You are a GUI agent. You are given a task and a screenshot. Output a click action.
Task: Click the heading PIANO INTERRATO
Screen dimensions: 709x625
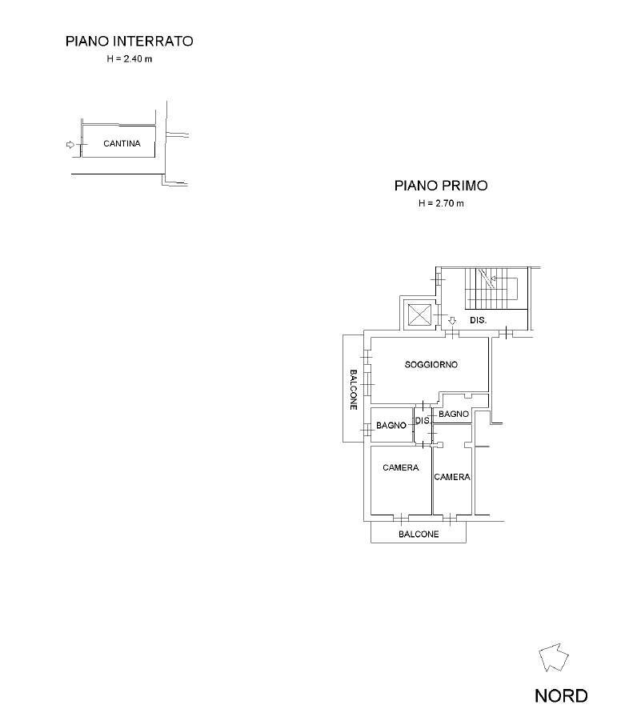pyautogui.click(x=129, y=41)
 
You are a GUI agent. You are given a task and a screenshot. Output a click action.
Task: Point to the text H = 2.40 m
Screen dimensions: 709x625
pyautogui.click(x=129, y=60)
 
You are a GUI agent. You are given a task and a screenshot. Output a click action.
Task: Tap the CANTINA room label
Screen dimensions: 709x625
pyautogui.click(x=122, y=145)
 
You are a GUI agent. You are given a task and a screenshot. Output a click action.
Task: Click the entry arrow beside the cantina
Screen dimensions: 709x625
pyautogui.click(x=70, y=145)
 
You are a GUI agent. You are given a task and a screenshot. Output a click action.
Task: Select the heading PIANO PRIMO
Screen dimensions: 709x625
pyautogui.click(x=441, y=186)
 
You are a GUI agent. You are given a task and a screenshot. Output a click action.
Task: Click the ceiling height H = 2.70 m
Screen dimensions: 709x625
pyautogui.click(x=441, y=204)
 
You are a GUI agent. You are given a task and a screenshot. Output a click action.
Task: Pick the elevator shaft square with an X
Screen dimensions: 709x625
pyautogui.click(x=419, y=314)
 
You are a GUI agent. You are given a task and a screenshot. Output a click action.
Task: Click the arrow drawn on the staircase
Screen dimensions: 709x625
pyautogui.click(x=494, y=278)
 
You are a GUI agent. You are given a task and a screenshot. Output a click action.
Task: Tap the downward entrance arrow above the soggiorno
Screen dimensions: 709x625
pyautogui.click(x=452, y=321)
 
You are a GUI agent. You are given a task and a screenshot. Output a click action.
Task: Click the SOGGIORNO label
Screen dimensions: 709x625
pyautogui.click(x=431, y=365)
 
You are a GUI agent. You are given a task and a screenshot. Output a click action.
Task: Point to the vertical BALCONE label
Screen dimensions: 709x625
pyautogui.click(x=353, y=390)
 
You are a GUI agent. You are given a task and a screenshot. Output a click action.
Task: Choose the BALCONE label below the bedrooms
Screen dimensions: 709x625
pyautogui.click(x=419, y=535)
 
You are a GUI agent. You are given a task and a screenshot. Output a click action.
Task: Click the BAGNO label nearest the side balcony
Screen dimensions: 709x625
pyautogui.click(x=391, y=426)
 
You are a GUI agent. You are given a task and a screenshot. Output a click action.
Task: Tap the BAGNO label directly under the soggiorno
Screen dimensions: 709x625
pyautogui.click(x=453, y=414)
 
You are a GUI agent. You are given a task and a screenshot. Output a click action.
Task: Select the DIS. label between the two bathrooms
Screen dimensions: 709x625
pyautogui.click(x=423, y=421)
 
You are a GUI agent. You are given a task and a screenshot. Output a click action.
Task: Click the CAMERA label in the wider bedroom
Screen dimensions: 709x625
pyautogui.click(x=400, y=468)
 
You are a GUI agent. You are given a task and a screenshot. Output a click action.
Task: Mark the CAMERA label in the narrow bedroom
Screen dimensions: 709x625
pyautogui.click(x=452, y=477)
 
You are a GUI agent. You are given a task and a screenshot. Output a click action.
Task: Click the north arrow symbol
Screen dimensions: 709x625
pyautogui.click(x=554, y=658)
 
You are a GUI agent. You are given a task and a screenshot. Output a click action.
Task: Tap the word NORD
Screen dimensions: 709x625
pyautogui.click(x=561, y=695)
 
